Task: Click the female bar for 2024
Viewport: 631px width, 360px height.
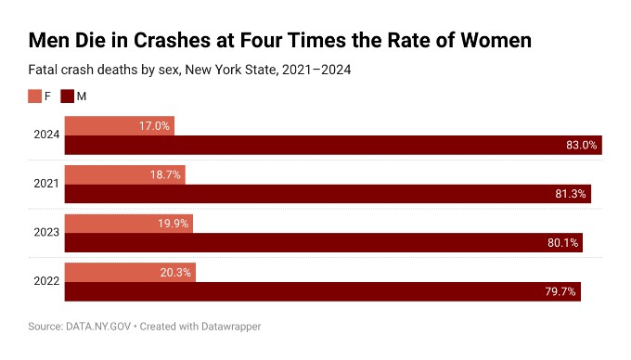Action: (x=119, y=125)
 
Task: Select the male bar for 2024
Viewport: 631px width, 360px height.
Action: (x=332, y=145)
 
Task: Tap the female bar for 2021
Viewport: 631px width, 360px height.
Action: (x=124, y=174)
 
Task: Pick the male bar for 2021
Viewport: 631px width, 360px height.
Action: (x=327, y=194)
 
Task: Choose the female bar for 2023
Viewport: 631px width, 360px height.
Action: (x=128, y=223)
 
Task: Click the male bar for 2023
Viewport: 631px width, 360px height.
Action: (x=323, y=242)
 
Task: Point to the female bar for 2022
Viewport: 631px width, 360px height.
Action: (x=130, y=272)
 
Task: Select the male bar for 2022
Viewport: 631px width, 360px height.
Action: (x=322, y=291)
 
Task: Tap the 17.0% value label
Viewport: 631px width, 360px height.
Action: (x=154, y=125)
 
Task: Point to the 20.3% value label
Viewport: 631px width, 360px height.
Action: (x=175, y=272)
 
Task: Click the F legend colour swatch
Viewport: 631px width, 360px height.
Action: (x=35, y=96)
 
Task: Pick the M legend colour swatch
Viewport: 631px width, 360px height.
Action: (x=67, y=96)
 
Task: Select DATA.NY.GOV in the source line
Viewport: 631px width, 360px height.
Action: (x=97, y=327)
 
